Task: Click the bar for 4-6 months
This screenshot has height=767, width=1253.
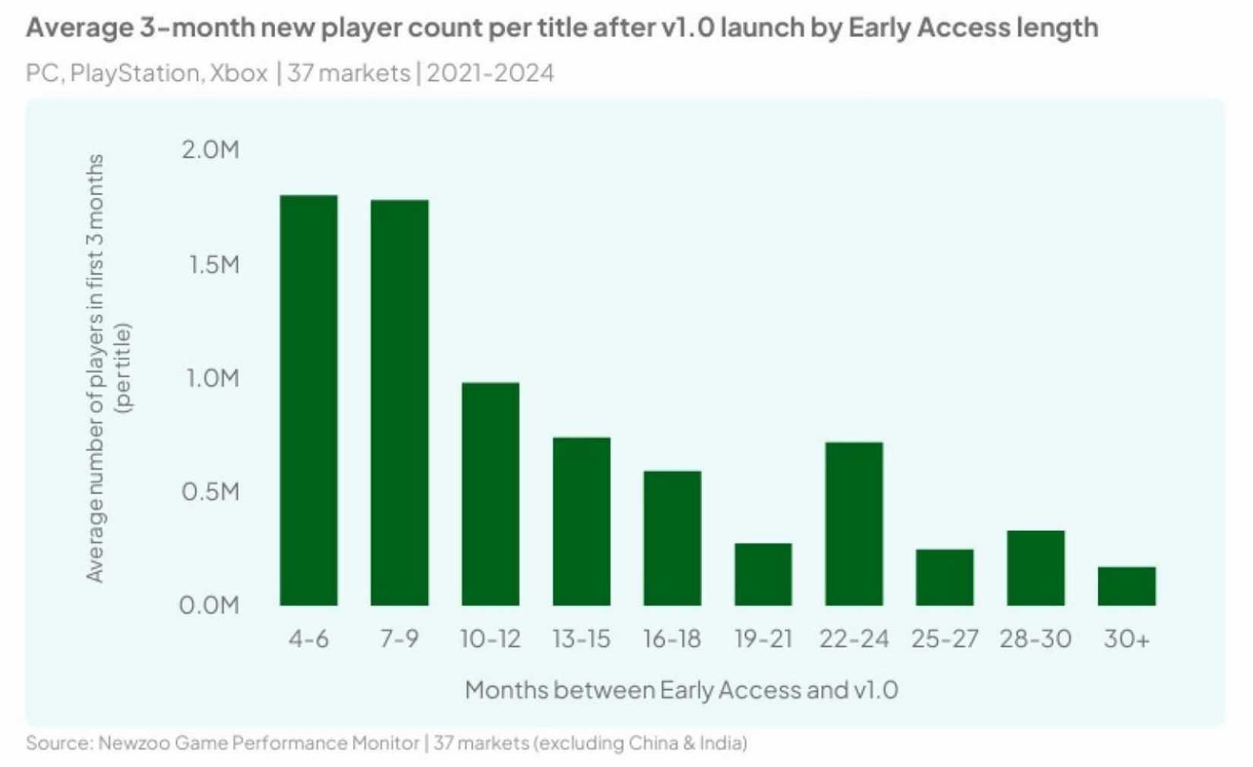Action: (308, 400)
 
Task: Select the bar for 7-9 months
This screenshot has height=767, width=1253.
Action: (399, 402)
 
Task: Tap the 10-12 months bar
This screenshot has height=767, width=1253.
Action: (491, 494)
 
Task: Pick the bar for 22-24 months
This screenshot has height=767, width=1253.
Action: (854, 523)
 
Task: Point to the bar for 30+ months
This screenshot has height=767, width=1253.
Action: (1126, 586)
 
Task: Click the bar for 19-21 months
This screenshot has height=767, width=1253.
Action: (763, 574)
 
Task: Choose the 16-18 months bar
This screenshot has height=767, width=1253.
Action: (672, 538)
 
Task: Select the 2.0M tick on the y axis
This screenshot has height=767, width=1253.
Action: (210, 150)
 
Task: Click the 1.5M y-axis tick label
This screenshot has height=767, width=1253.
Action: (212, 264)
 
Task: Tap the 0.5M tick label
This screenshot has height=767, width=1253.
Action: (210, 491)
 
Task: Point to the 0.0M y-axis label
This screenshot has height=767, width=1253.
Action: (209, 605)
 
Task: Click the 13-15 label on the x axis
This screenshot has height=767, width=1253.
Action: (581, 639)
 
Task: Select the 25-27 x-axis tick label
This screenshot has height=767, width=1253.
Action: (945, 639)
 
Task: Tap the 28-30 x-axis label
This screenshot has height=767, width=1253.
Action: (1035, 639)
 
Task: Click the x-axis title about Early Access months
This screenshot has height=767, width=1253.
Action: (681, 690)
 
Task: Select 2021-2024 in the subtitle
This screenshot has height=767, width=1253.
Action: (491, 73)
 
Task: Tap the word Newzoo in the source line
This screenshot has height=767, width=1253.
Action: (134, 743)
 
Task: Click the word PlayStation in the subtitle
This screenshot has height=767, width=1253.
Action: (135, 73)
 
